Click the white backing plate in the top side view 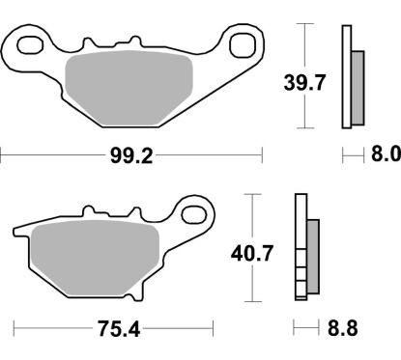346,77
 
